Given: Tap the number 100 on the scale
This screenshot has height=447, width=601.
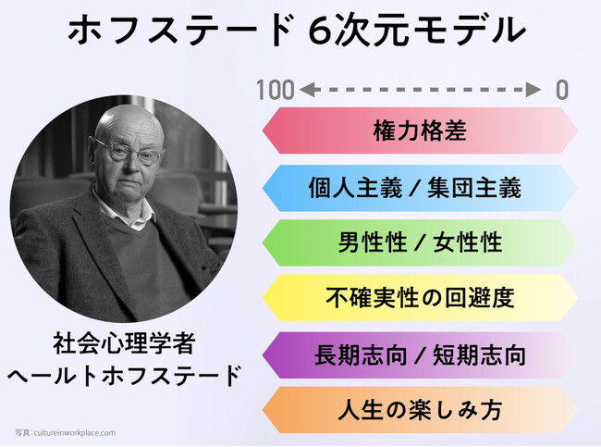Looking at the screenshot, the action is point(275,90).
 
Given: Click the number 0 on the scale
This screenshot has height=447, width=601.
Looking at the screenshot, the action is point(561,90).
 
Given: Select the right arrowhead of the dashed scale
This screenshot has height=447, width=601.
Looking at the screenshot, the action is point(534,90).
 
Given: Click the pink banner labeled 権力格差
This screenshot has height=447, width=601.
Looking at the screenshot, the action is point(420,130).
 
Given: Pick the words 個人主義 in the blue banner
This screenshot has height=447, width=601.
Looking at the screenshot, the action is point(355,188).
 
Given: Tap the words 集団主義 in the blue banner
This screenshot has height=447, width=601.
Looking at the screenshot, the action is point(474,188).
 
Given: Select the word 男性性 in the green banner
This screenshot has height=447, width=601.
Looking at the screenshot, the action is point(373,242).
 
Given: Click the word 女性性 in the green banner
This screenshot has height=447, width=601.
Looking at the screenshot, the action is point(467,242).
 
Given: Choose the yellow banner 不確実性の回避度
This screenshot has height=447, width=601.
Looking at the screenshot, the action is point(420,297).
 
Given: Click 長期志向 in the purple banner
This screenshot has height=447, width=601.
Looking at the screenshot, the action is point(361,354).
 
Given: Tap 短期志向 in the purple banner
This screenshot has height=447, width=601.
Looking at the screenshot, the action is point(479,354).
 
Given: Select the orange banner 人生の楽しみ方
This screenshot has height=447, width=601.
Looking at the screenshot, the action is point(420,410).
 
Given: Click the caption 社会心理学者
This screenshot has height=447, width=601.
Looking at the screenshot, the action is point(124,343).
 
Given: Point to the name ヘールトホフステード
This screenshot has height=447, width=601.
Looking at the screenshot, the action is point(124,376).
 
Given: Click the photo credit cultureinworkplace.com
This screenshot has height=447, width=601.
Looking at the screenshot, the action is point(74,433).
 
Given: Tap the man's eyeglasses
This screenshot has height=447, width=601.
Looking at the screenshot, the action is point(129,152).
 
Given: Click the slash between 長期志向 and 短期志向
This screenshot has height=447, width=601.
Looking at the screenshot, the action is point(420,355).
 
